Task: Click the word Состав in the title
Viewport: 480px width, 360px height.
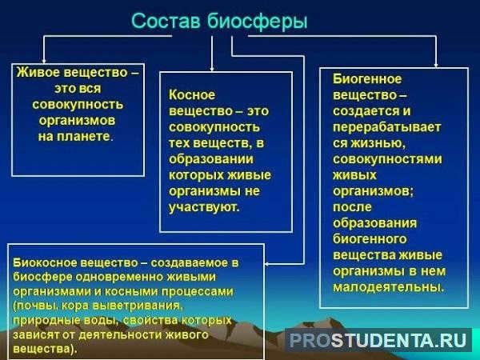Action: coord(166,21)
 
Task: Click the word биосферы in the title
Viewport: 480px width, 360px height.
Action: coord(257,22)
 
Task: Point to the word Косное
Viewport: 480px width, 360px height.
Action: coord(192,95)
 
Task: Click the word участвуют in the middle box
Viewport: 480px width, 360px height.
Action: coord(202,207)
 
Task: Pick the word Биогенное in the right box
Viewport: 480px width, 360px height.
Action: coord(367,79)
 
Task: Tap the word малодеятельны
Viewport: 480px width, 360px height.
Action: coord(387,287)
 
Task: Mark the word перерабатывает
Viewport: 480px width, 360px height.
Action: coord(387,127)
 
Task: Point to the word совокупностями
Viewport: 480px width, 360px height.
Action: coord(387,159)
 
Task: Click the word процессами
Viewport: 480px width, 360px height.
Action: coord(197,292)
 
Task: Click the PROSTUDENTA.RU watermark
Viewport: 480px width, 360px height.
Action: coord(378,339)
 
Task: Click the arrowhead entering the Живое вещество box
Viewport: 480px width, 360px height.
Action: coord(44,62)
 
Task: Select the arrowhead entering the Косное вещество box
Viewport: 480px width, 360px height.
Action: coord(212,69)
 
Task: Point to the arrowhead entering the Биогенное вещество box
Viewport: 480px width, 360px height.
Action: coord(436,65)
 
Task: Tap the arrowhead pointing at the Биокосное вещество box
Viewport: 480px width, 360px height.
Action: coord(267,263)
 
